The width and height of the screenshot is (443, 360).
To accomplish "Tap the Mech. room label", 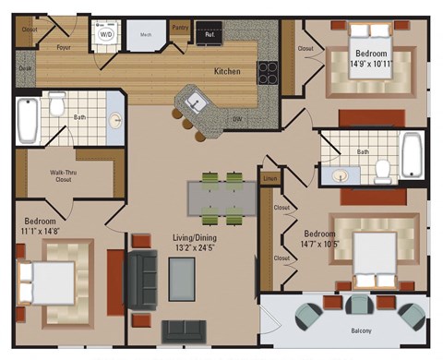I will click(146, 35).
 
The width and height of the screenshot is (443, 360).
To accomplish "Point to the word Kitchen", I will click(228, 71).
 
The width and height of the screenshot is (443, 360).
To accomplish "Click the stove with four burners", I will click(268, 70).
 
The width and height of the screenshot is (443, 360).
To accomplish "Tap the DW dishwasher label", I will click(238, 119).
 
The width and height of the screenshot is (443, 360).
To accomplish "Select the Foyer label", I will click(64, 46).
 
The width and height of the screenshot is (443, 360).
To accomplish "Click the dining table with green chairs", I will click(222, 196).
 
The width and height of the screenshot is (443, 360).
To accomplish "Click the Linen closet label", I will click(270, 177).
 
